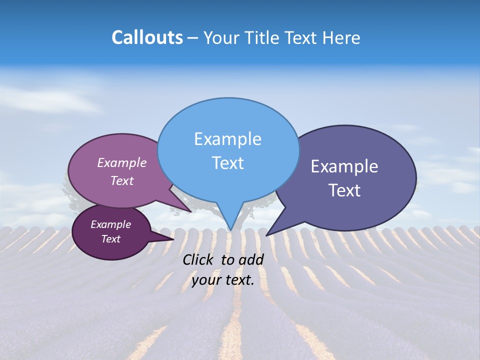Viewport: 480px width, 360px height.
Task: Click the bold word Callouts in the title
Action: (x=147, y=37)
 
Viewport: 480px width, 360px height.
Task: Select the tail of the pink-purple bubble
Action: (x=187, y=209)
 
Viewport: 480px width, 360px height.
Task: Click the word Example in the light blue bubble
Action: (x=227, y=139)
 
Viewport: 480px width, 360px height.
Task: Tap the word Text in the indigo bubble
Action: (x=344, y=190)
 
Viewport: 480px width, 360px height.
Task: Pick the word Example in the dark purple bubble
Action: (x=110, y=224)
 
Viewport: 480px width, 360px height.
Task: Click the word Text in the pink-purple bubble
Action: (x=122, y=180)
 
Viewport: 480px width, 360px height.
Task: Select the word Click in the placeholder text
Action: (x=197, y=259)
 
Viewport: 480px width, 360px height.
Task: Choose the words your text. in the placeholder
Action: (x=222, y=280)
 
